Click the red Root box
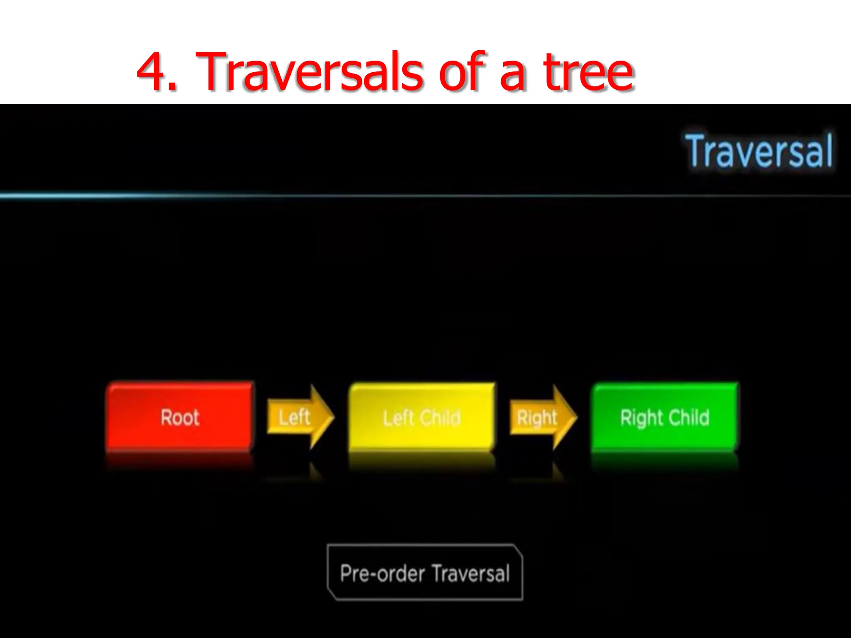(180, 417)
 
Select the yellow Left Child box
(421, 417)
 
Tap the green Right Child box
(664, 417)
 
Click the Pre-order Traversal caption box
(425, 572)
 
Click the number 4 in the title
(151, 71)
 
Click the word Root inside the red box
(180, 417)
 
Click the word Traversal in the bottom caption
(470, 574)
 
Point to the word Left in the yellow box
(398, 417)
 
